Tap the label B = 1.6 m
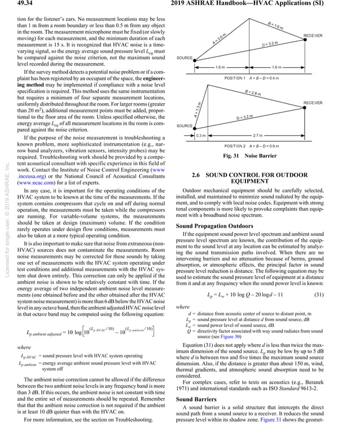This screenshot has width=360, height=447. (x=276, y=26)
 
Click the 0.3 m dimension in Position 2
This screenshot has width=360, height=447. (x=201, y=136)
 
